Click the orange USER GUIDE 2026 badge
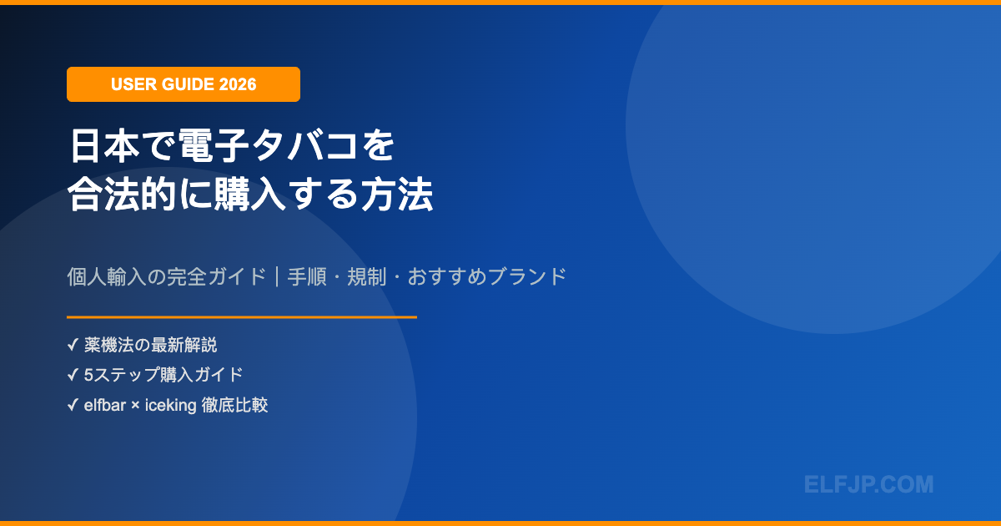[183, 84]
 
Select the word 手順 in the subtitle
[307, 276]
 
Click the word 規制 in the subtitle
[367, 276]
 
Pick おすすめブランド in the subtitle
[487, 276]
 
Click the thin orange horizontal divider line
[242, 317]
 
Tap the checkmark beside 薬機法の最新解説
[73, 345]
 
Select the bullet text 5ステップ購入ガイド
[163, 375]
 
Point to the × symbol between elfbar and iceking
[136, 407]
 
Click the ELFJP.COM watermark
[868, 484]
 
